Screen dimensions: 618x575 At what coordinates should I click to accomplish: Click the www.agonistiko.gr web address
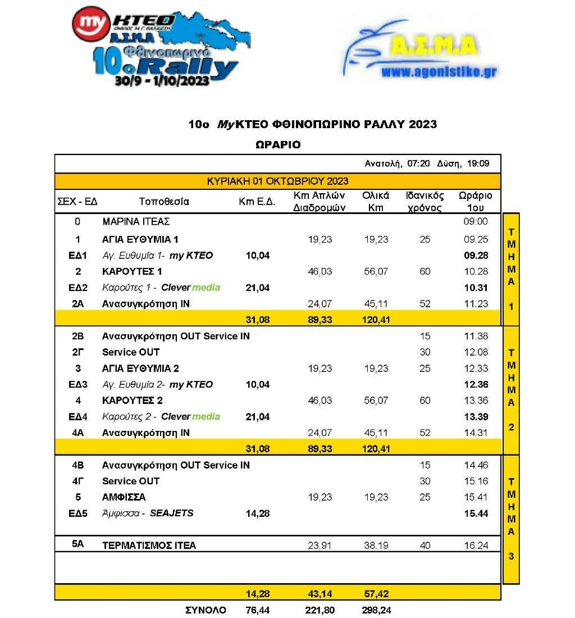(439, 72)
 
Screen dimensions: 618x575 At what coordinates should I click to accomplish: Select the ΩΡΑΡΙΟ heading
(278, 144)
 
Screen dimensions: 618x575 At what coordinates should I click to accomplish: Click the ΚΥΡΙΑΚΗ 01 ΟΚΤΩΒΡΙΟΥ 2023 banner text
(277, 181)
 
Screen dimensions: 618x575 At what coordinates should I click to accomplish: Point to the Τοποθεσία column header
(164, 202)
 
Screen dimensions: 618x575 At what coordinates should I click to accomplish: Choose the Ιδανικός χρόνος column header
(425, 202)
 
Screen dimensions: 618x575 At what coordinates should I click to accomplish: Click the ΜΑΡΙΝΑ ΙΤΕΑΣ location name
(136, 222)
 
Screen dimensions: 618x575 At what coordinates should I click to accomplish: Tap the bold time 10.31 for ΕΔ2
(477, 288)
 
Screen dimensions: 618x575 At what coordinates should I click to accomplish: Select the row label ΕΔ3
(77, 385)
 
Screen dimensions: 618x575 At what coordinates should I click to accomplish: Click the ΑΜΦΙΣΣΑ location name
(124, 497)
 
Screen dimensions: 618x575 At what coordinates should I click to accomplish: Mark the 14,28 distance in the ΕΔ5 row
(258, 514)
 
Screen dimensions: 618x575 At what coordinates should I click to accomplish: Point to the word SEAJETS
(171, 514)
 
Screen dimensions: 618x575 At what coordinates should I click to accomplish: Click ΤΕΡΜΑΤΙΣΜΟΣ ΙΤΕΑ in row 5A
(149, 546)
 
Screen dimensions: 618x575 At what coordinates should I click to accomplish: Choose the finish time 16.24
(477, 546)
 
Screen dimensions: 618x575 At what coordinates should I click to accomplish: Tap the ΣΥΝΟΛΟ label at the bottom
(206, 610)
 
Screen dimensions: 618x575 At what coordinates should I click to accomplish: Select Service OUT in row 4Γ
(131, 481)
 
